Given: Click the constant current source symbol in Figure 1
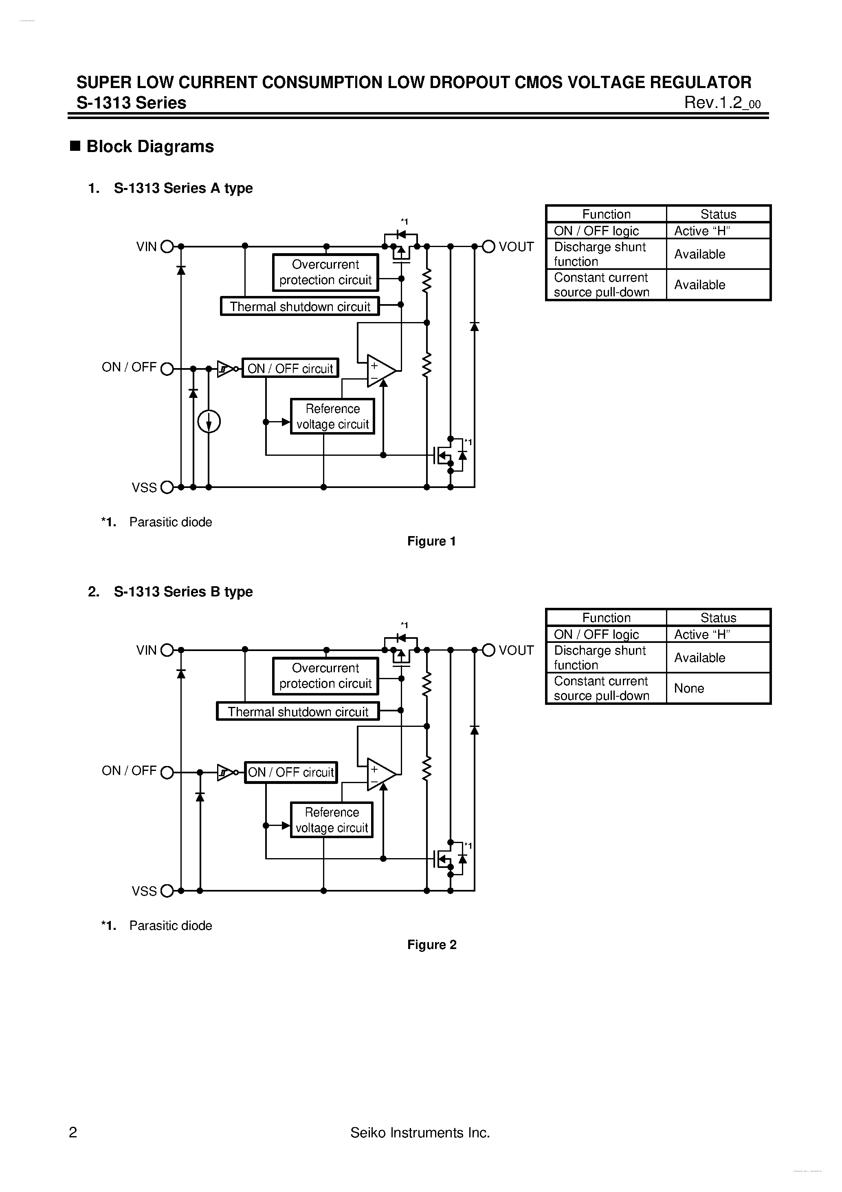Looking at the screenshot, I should [x=209, y=422].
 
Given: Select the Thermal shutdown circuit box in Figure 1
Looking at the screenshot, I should [x=300, y=306].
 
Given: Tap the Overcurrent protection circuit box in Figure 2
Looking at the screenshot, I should [x=326, y=676].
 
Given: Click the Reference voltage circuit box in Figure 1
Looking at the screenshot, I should [x=332, y=416].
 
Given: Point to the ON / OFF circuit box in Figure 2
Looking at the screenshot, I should [x=290, y=772].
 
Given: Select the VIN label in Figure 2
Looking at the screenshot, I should [x=146, y=650].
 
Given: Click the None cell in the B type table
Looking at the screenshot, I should [x=689, y=689].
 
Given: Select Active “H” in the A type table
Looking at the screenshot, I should [x=702, y=231].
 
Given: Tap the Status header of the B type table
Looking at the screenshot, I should [x=718, y=618].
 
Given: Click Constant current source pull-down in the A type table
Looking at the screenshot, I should [x=601, y=285].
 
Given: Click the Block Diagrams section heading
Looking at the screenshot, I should [x=150, y=146].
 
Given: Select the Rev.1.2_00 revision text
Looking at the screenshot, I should [x=722, y=103].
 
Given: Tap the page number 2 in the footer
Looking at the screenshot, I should [x=73, y=1132].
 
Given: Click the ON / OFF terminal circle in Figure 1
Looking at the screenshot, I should [x=167, y=369].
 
